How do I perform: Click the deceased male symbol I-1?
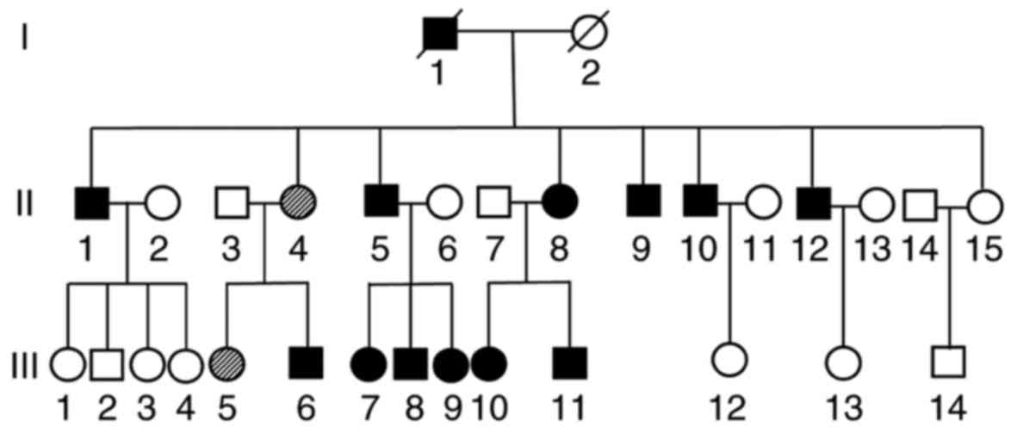tap(439, 34)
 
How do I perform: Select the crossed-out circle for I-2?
tap(590, 34)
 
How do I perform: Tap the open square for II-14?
tap(920, 204)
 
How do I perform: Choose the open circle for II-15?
tap(983, 204)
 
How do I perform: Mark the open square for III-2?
tap(107, 364)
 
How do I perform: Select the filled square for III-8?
tap(411, 364)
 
